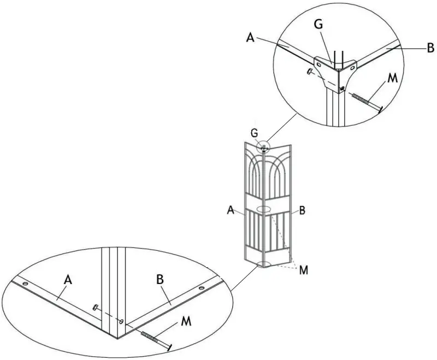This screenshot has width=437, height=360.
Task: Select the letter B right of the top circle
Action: click(x=430, y=48)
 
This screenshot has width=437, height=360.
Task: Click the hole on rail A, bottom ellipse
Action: click(x=25, y=284)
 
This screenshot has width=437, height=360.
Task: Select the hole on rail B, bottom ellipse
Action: click(x=203, y=288)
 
